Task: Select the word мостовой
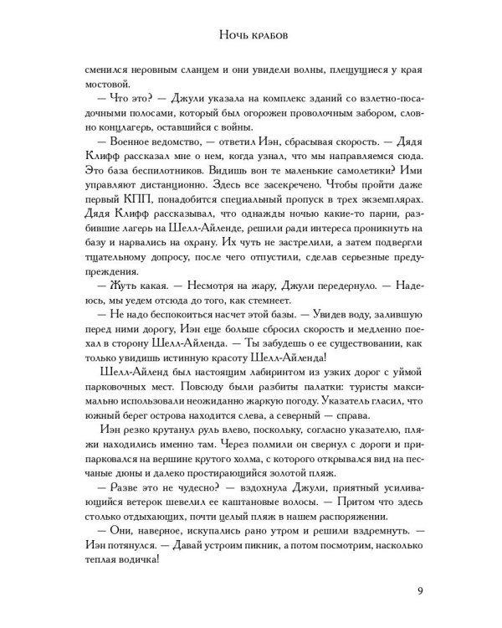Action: (x=105, y=84)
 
